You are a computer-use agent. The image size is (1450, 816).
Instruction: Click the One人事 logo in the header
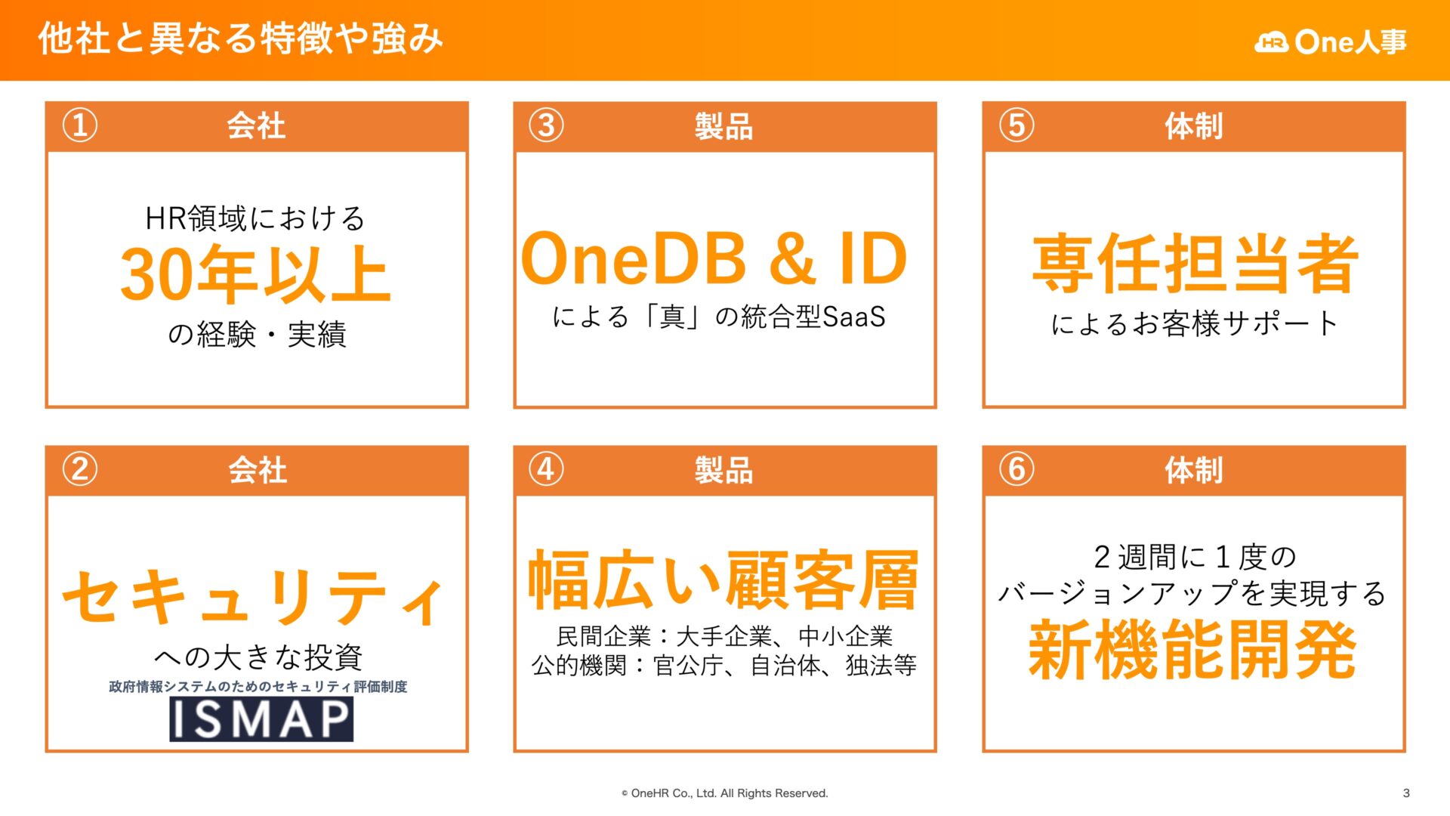point(1331,42)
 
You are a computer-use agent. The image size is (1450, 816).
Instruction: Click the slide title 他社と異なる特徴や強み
point(240,39)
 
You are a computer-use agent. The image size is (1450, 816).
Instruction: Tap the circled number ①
point(79,125)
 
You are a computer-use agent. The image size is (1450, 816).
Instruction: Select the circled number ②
point(79,469)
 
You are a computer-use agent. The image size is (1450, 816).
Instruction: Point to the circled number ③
point(546,125)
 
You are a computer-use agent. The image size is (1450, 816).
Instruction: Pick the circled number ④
point(546,469)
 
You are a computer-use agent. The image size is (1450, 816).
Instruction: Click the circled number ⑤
point(1017,125)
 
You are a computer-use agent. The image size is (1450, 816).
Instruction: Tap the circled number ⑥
point(1017,469)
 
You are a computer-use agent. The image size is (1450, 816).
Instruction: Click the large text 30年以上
point(255,274)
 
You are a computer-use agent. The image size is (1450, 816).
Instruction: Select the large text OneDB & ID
point(714,259)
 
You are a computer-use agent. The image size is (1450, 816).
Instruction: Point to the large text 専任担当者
point(1195,264)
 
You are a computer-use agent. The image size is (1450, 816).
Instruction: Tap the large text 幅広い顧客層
point(723,580)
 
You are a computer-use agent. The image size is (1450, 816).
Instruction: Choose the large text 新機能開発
point(1192,650)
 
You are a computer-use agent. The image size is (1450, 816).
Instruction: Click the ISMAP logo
point(261,719)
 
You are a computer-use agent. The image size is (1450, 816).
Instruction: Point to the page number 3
point(1406,793)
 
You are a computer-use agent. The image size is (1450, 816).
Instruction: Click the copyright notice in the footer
point(724,793)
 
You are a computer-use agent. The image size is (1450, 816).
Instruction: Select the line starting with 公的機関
point(723,666)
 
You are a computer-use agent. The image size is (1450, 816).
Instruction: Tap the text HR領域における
point(255,218)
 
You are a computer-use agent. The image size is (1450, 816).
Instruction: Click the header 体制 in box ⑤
point(1193,126)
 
